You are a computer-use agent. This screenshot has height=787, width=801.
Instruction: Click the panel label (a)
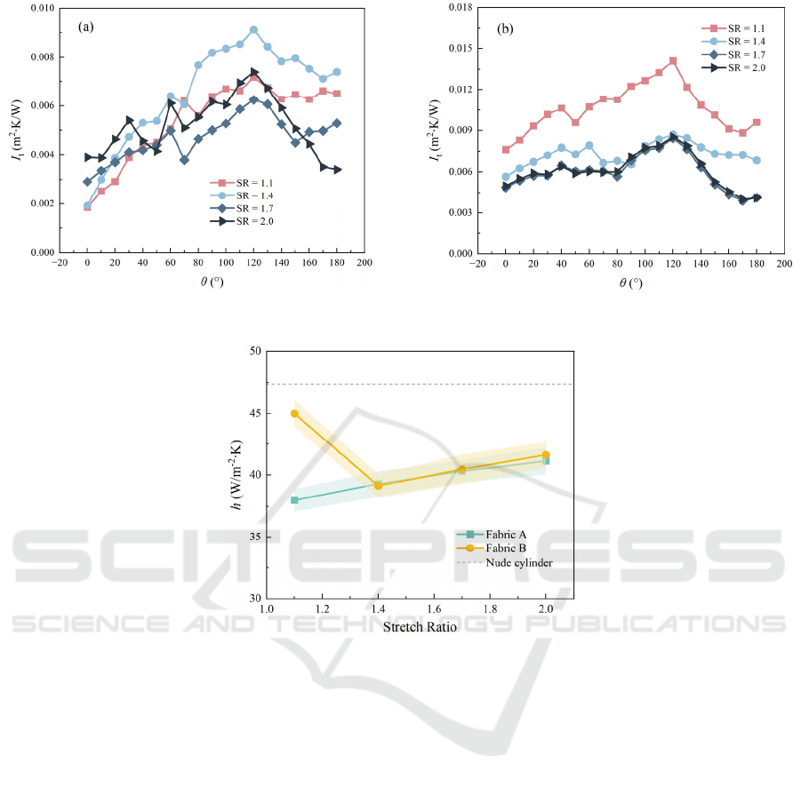click(86, 27)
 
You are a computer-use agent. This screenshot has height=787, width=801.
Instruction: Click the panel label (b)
click(504, 27)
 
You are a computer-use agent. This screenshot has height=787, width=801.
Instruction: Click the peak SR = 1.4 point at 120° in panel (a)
click(254, 30)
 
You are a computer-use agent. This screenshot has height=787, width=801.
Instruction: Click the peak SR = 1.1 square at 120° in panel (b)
click(673, 60)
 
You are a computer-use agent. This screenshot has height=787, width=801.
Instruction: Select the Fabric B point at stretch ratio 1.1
click(294, 414)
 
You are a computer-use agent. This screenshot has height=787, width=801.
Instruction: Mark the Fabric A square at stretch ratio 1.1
click(294, 500)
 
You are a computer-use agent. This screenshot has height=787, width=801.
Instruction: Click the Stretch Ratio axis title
click(420, 628)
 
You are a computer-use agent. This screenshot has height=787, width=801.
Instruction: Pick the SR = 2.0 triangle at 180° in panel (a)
click(337, 170)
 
